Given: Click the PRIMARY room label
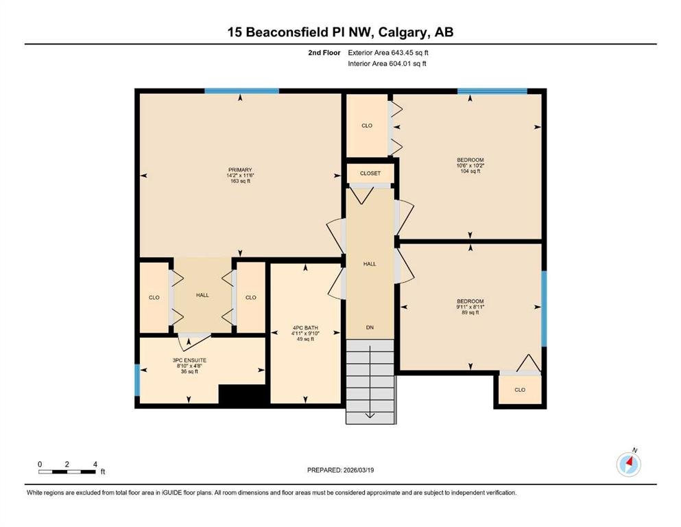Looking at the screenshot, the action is tap(240, 170).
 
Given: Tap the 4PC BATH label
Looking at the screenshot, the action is tap(305, 328).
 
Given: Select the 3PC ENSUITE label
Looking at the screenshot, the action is tap(189, 360).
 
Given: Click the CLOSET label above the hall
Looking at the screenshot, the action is tap(370, 174).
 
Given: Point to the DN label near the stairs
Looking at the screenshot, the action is tap(370, 327).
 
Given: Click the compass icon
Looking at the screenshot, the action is tap(628, 464).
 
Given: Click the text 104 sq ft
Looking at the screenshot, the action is tap(470, 171).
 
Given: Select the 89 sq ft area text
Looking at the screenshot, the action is tap(470, 312).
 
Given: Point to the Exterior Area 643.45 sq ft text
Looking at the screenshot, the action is tap(388, 53).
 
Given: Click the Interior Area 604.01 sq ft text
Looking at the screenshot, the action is tap(387, 63).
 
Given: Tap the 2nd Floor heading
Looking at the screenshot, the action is tap(324, 53).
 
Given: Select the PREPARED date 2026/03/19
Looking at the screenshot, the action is tap(359, 470).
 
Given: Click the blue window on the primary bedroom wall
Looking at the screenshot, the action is tap(242, 91).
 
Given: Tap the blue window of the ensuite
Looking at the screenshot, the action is tap(137, 380).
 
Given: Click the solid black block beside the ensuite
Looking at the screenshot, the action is tap(242, 395).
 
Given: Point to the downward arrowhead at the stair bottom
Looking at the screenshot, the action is tap(370, 416).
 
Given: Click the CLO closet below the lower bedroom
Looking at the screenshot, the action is tap(520, 390).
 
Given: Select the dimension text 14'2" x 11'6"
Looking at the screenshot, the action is tap(240, 176).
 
